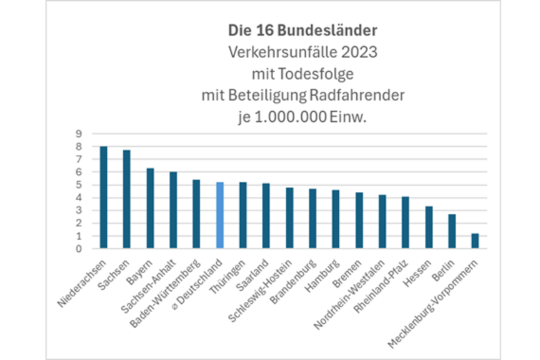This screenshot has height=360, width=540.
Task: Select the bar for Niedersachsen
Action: point(104,197)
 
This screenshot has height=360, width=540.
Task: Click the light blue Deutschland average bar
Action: point(219,216)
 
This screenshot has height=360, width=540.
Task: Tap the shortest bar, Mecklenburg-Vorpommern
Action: point(474,241)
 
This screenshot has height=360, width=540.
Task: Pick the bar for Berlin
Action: point(451,231)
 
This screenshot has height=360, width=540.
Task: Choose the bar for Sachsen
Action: point(127,199)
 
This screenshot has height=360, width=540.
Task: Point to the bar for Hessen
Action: point(428,227)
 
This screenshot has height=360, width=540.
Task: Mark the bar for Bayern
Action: point(150,208)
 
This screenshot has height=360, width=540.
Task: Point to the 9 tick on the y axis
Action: point(79,133)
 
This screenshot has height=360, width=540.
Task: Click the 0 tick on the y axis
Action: point(79,249)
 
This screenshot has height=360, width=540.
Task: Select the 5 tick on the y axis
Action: point(79,185)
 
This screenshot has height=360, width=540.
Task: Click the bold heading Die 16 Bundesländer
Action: point(302,29)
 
